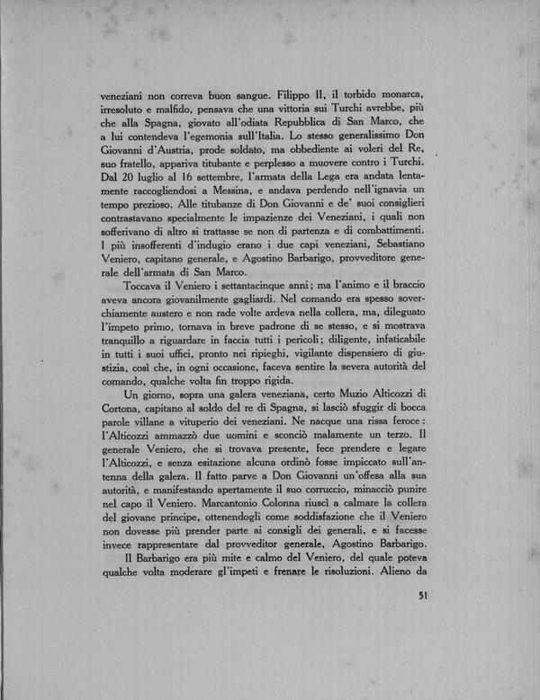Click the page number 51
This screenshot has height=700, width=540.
426,596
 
